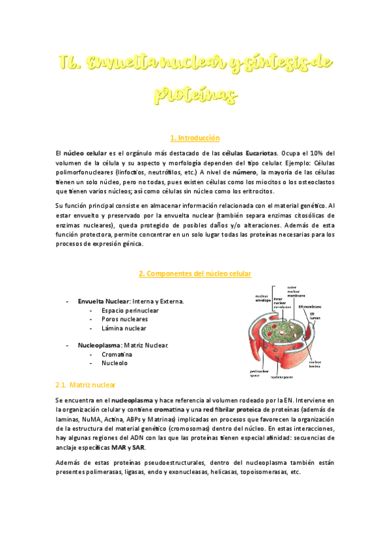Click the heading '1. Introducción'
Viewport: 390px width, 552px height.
point(195,138)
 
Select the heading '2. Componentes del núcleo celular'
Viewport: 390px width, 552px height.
point(195,273)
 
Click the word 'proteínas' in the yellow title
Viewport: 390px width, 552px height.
point(195,94)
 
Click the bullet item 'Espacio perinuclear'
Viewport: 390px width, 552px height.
point(130,310)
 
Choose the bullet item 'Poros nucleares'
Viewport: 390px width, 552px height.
point(124,320)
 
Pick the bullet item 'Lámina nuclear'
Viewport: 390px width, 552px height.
point(124,329)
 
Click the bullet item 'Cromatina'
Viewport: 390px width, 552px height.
point(117,354)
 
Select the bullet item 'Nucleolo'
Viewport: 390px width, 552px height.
point(115,363)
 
